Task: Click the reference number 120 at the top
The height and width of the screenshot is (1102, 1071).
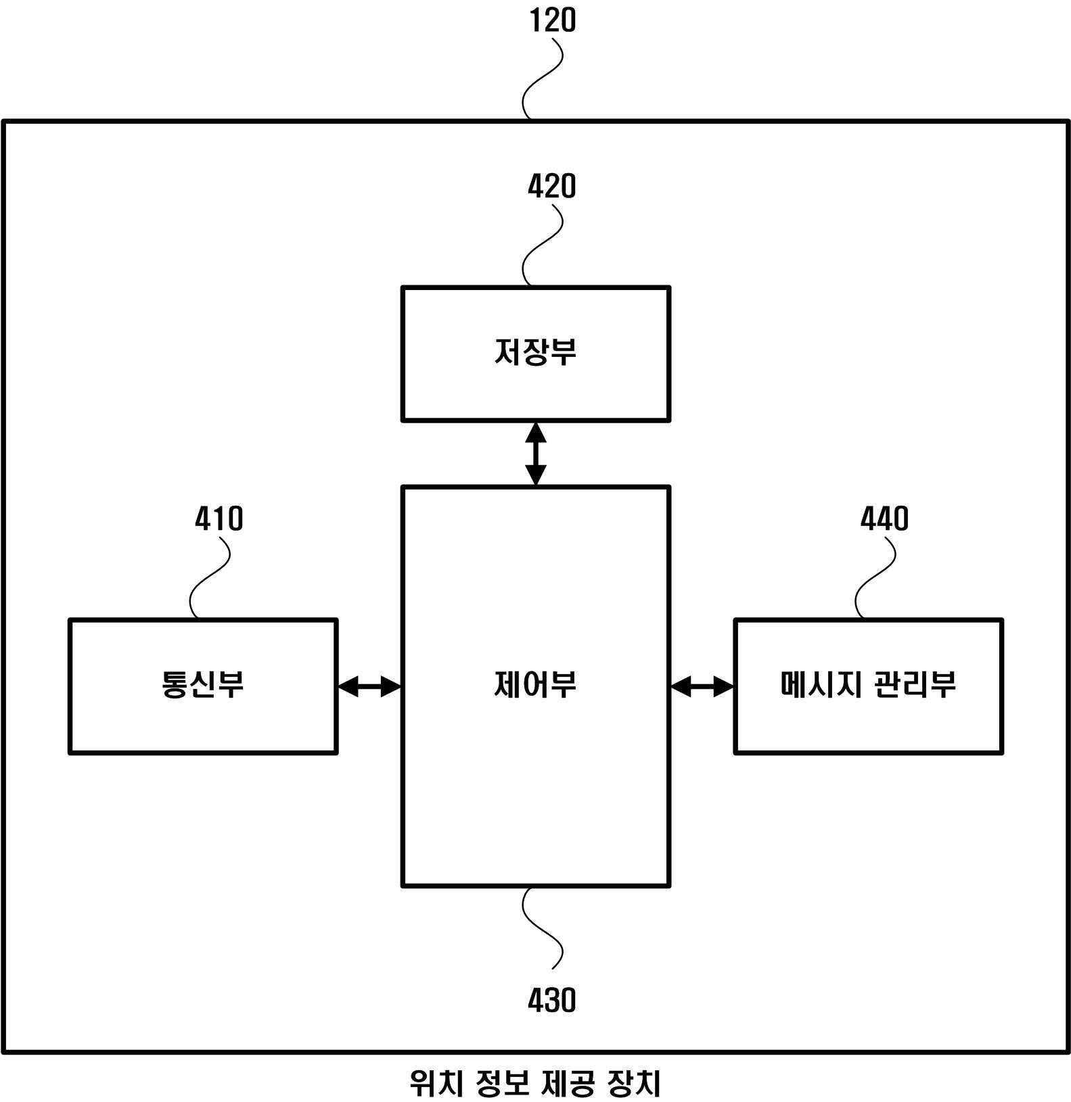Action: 552,20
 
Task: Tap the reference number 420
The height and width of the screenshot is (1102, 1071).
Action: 552,187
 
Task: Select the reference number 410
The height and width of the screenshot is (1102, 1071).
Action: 219,519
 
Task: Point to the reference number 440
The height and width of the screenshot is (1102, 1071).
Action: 884,519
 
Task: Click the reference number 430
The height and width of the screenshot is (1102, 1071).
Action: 552,1000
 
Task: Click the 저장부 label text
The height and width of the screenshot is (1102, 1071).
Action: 535,352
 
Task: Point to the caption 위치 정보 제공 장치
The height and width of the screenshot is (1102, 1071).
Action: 535,1083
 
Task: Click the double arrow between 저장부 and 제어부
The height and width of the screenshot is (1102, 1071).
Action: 536,454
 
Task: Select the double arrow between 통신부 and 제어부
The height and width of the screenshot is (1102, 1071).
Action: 369,687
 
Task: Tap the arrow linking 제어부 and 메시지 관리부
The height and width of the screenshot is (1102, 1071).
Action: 702,687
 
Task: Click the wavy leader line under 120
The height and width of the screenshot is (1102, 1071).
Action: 543,78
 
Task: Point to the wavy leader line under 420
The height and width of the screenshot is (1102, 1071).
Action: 543,245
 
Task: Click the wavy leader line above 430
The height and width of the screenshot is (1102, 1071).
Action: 543,928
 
